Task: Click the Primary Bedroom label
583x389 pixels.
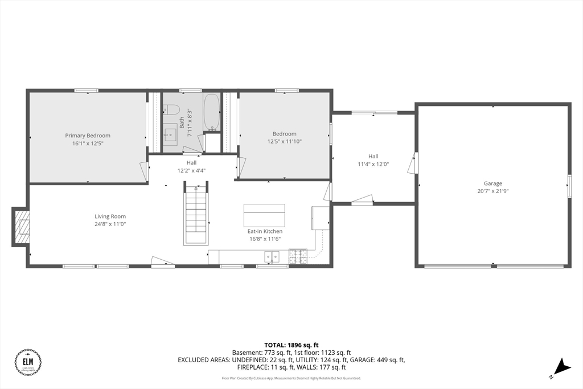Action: (x=88, y=136)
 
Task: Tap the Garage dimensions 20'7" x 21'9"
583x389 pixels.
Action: (x=493, y=191)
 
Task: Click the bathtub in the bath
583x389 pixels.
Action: (x=211, y=111)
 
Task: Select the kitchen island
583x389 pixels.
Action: (x=264, y=216)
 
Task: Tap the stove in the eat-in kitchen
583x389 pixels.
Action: (x=298, y=257)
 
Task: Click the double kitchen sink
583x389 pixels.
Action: (x=273, y=257)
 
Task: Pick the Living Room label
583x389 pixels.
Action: (x=110, y=216)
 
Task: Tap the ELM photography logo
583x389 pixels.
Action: (x=28, y=362)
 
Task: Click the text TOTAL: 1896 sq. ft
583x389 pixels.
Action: (x=291, y=345)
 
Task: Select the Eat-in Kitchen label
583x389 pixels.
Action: (x=265, y=231)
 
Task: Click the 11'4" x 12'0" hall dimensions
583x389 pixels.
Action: (x=373, y=164)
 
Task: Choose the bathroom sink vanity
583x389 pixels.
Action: (x=171, y=136)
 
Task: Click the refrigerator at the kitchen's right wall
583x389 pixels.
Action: (x=320, y=217)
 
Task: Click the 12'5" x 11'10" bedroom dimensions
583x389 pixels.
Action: (x=285, y=141)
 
